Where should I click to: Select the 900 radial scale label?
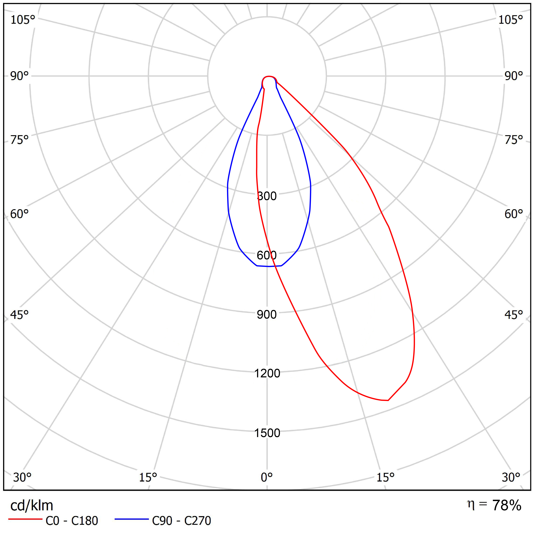[267, 315]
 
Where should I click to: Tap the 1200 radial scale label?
[267, 373]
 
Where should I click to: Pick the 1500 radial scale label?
[267, 433]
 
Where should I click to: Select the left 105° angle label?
[23, 20]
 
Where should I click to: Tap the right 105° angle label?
[511, 20]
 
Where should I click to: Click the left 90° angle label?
[19, 76]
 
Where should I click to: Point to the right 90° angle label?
[514, 76]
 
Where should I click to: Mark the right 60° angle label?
[514, 214]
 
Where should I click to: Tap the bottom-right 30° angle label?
[511, 477]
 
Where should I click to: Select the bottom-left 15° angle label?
[148, 477]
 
